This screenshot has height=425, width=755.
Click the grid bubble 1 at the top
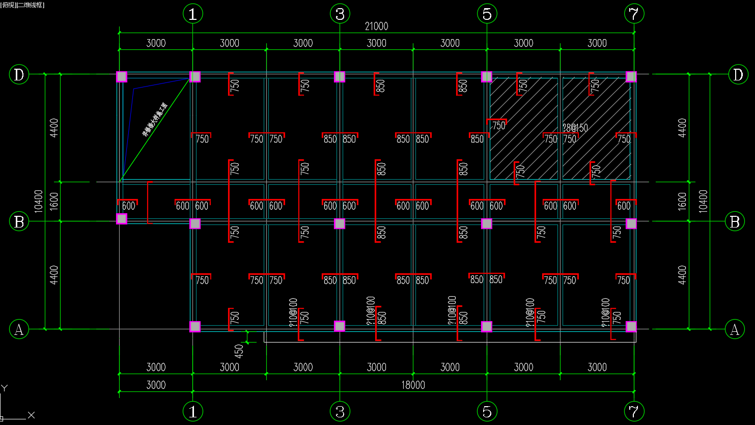pos(192,14)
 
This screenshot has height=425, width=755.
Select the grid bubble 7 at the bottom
pos(634,411)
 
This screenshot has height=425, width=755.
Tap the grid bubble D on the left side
pos(19,75)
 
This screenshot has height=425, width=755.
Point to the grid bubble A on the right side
pos(735,329)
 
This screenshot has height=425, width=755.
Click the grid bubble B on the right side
pos(735,222)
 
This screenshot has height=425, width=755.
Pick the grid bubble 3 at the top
pos(340,14)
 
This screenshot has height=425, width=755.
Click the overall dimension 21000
pos(376,26)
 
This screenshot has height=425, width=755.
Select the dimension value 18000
pos(413,385)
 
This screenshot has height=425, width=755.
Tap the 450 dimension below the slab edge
pos(239,351)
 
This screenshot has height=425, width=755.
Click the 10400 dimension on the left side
pos(39,201)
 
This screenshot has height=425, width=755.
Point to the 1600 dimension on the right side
pos(682,201)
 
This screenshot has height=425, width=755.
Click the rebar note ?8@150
pos(575,128)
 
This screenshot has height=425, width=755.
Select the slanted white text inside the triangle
pos(155,120)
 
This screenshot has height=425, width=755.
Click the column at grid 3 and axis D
pos(340,77)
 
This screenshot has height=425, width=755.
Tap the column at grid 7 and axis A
pos(631,326)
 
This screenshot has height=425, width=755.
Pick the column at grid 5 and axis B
pos(487,223)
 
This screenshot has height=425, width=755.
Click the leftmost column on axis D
pos(122,77)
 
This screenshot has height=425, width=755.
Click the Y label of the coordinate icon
pos(4,388)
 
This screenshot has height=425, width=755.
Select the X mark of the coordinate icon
pos(31,415)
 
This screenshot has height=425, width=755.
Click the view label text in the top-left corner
pos(22,5)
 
